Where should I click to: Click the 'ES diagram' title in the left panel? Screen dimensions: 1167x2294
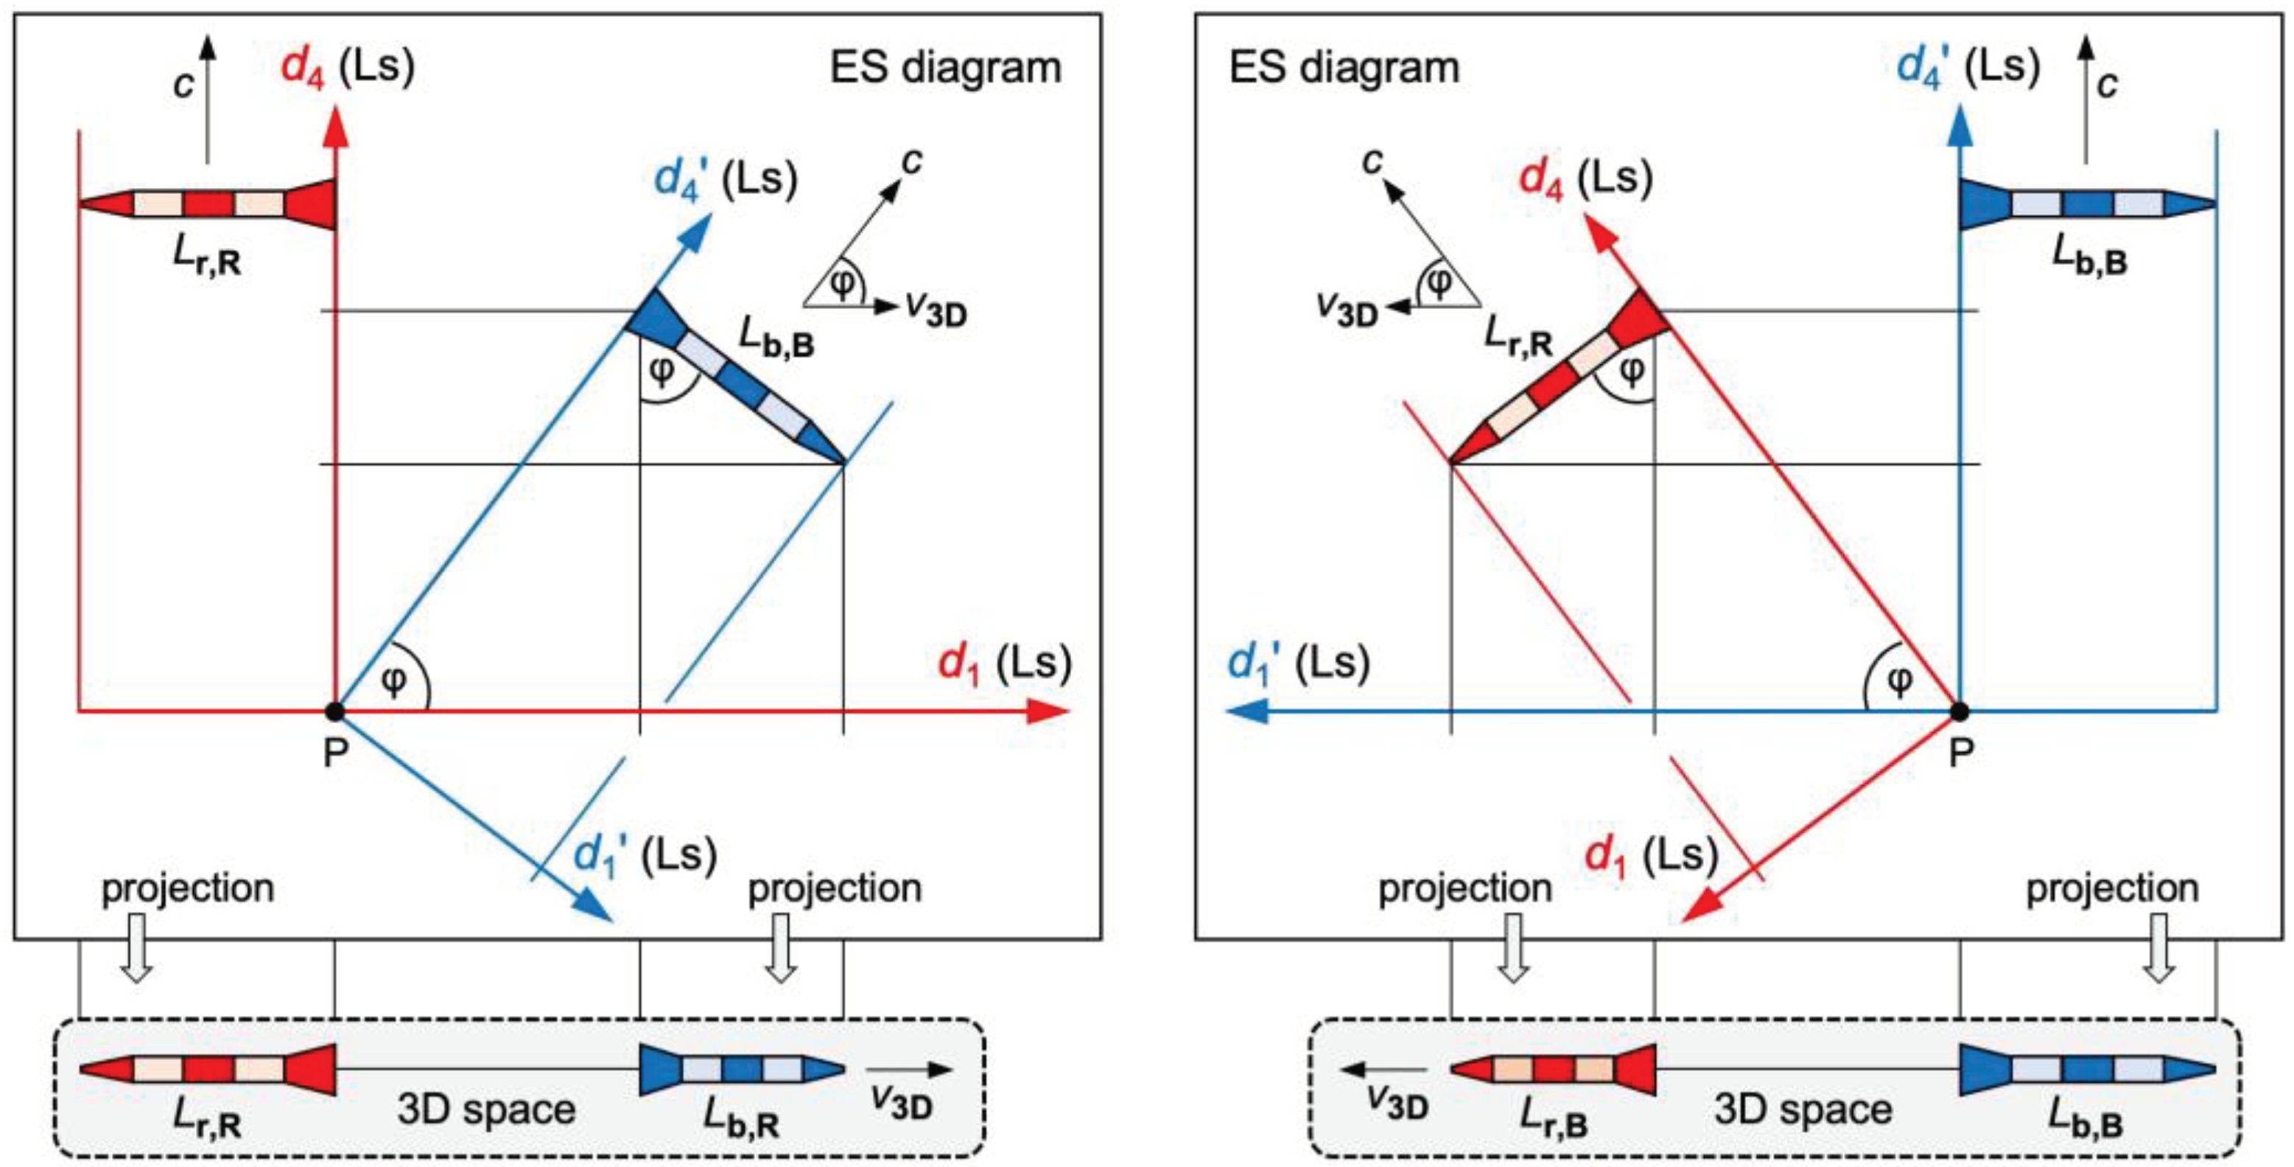tap(946, 69)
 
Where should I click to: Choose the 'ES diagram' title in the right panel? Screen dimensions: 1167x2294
tap(1344, 69)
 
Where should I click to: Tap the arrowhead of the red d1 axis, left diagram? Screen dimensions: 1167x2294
tap(1050, 712)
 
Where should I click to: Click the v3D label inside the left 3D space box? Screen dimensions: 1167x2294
tap(901, 1100)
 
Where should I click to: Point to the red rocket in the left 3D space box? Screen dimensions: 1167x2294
tap(208, 1069)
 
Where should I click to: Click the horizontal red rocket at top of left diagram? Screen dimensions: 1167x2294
tap(208, 204)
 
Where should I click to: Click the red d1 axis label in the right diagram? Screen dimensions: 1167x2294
tap(1651, 857)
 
